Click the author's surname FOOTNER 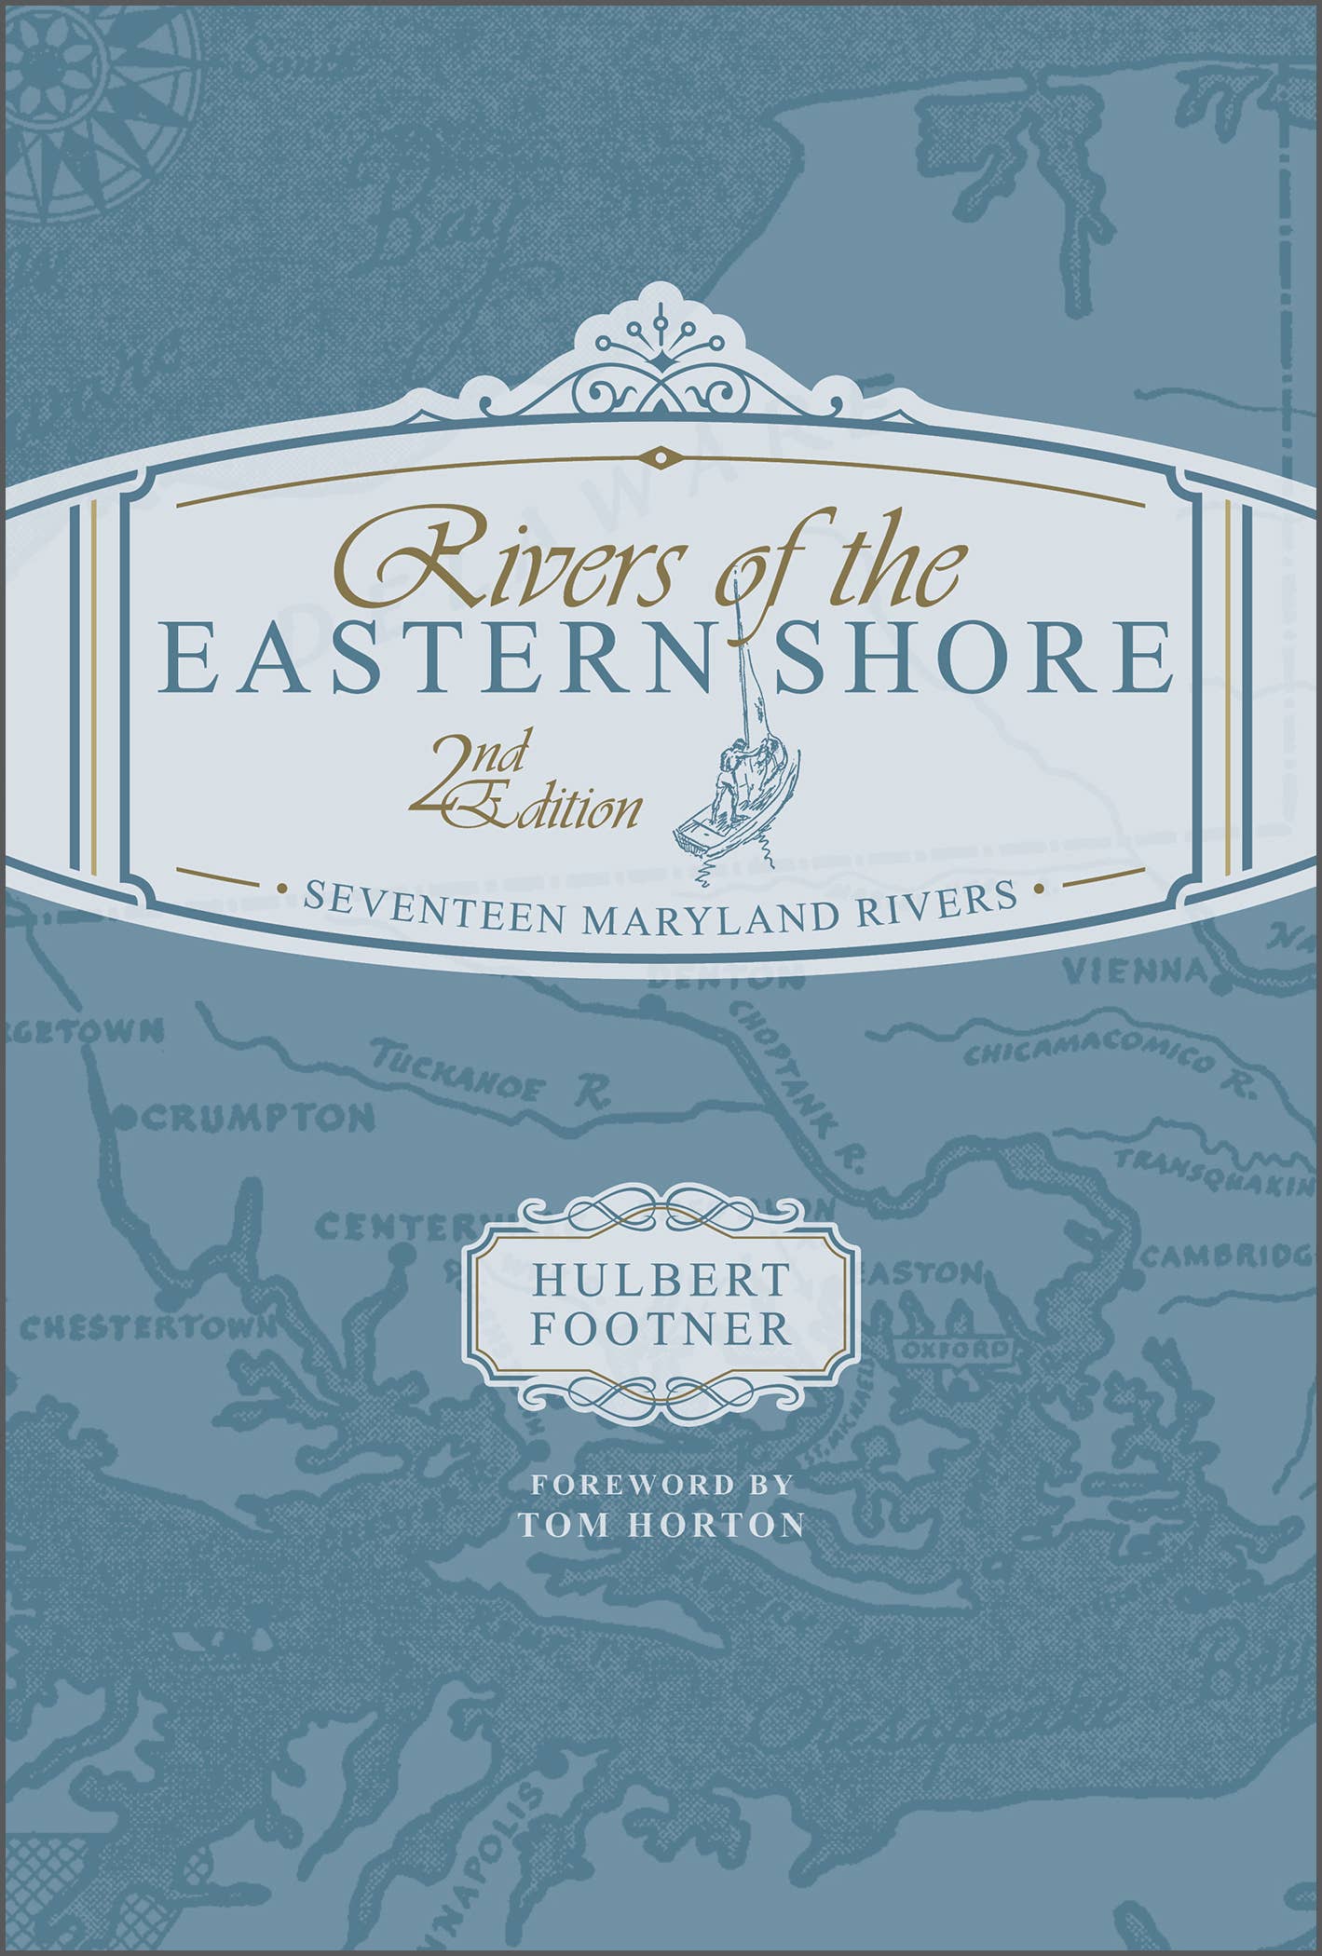pos(660,1329)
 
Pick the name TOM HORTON pos(661,1525)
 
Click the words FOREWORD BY pos(661,1483)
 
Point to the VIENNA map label pos(1137,972)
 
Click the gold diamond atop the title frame pos(661,456)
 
